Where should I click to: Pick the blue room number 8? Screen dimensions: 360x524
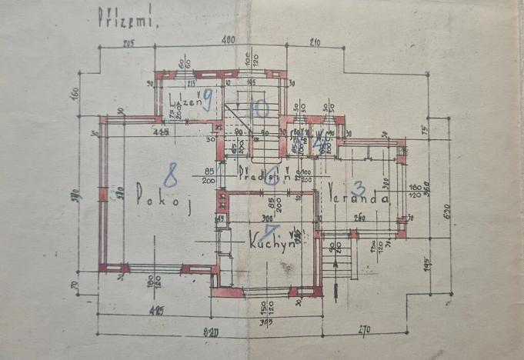coord(171,175)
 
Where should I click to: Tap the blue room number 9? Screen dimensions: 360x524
coord(207,98)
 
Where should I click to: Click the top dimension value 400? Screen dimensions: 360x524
coord(228,39)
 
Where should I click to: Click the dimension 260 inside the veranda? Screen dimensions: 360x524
coord(359,218)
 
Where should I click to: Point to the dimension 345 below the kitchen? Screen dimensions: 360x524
coord(264,321)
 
